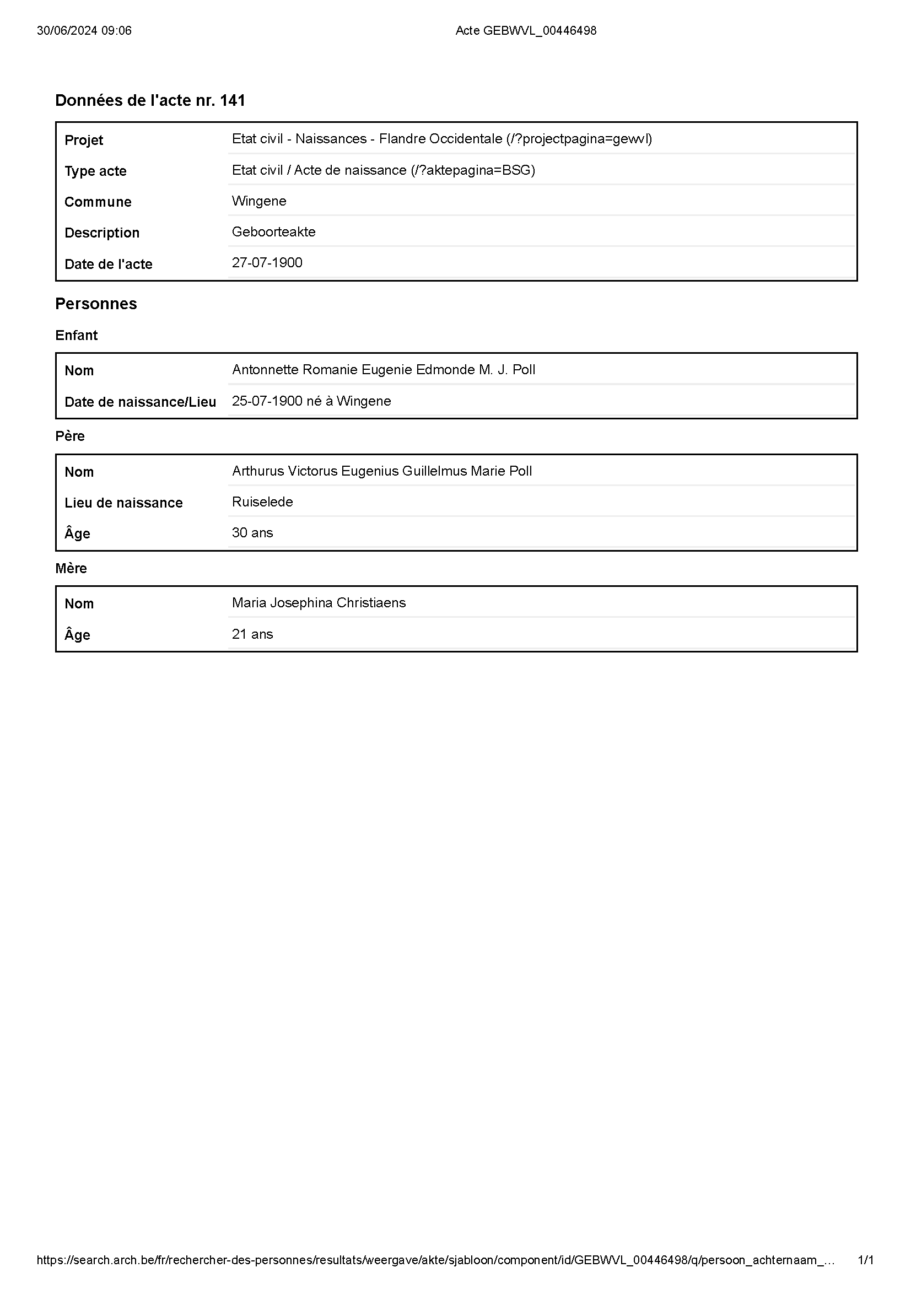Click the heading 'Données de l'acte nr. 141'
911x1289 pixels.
tap(150, 100)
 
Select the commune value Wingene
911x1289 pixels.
tap(259, 201)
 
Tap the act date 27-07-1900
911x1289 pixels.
tap(267, 263)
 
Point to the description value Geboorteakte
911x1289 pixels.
tap(273, 232)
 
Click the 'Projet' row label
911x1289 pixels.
tap(84, 140)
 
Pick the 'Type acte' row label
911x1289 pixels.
tap(95, 171)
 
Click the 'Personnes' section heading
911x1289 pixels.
tap(96, 304)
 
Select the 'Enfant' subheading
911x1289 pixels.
tap(77, 335)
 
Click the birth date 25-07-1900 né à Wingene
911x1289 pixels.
tap(311, 401)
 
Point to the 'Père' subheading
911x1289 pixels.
tap(69, 436)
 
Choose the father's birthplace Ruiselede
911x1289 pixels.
tap(262, 502)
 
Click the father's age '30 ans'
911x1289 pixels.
tap(252, 533)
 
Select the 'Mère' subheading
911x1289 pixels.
tap(71, 568)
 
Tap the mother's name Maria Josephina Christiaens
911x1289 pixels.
tap(318, 603)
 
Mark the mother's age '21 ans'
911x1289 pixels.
tap(252, 634)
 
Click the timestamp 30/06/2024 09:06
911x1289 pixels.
tap(84, 31)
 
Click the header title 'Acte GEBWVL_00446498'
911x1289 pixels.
tap(525, 31)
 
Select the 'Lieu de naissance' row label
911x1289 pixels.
tap(123, 503)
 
